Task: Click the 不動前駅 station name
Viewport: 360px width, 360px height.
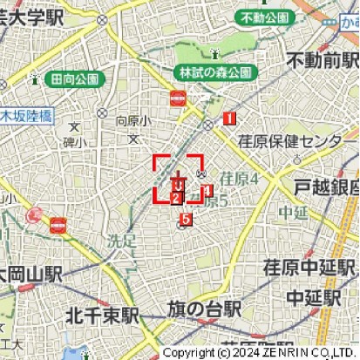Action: pos(323,61)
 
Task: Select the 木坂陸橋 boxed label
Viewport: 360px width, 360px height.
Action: pos(26,114)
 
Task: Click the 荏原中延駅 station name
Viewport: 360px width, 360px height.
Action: pos(310,268)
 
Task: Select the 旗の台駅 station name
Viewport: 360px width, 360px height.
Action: pos(205,309)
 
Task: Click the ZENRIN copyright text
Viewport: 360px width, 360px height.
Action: pos(260,352)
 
